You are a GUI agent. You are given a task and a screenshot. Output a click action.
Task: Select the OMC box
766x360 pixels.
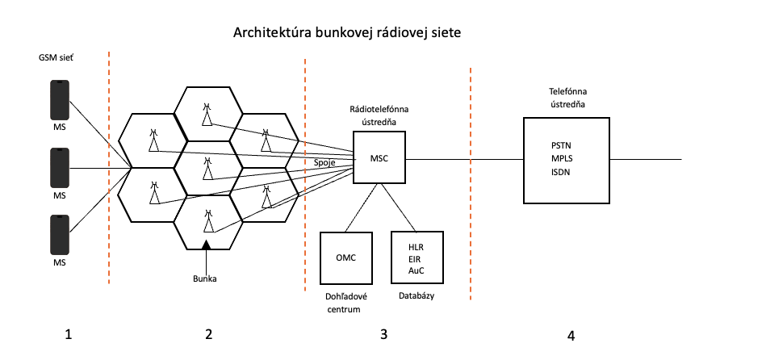pos(346,257)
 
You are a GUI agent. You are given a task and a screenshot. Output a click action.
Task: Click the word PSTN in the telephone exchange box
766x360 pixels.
pos(562,144)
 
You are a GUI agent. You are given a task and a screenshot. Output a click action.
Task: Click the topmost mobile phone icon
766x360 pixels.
pos(59,98)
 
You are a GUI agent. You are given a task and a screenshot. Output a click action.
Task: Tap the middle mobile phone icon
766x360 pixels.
pos(59,168)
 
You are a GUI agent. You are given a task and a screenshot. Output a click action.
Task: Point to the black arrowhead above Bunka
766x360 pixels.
pos(207,244)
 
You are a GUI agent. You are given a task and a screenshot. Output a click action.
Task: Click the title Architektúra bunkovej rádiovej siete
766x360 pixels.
pos(348,33)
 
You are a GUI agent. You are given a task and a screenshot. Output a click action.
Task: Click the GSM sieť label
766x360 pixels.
pos(56,58)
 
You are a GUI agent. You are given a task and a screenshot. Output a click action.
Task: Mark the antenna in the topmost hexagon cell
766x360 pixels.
pos(208,114)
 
